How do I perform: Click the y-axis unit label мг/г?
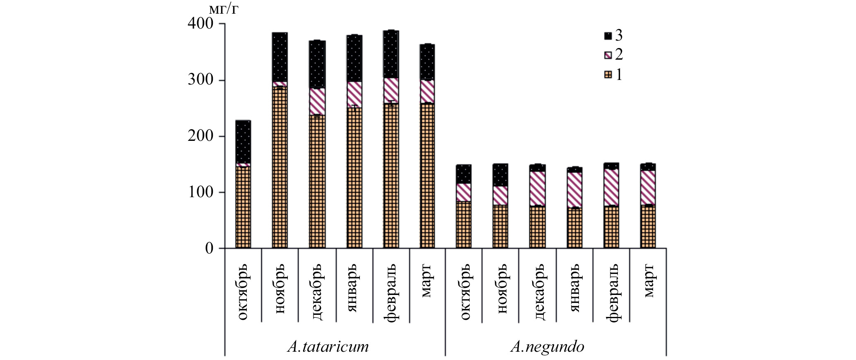[x=224, y=9]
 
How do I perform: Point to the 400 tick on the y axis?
[x=200, y=24]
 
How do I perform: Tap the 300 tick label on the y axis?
[x=200, y=80]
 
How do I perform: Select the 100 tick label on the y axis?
[x=200, y=192]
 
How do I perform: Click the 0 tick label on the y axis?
[x=209, y=249]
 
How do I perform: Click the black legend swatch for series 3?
[x=608, y=36]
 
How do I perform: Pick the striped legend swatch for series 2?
[x=608, y=55]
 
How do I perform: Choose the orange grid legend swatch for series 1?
[x=608, y=75]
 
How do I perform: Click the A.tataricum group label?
[x=328, y=346]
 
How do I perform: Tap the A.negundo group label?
[x=547, y=346]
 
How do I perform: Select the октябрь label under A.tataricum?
[x=243, y=292]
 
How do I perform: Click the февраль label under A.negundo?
[x=611, y=292]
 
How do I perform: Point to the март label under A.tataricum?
[x=427, y=282]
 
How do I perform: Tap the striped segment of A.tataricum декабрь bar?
[x=317, y=101]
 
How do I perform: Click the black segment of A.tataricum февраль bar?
[x=391, y=54]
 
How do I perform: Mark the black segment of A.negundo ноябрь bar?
[x=501, y=175]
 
